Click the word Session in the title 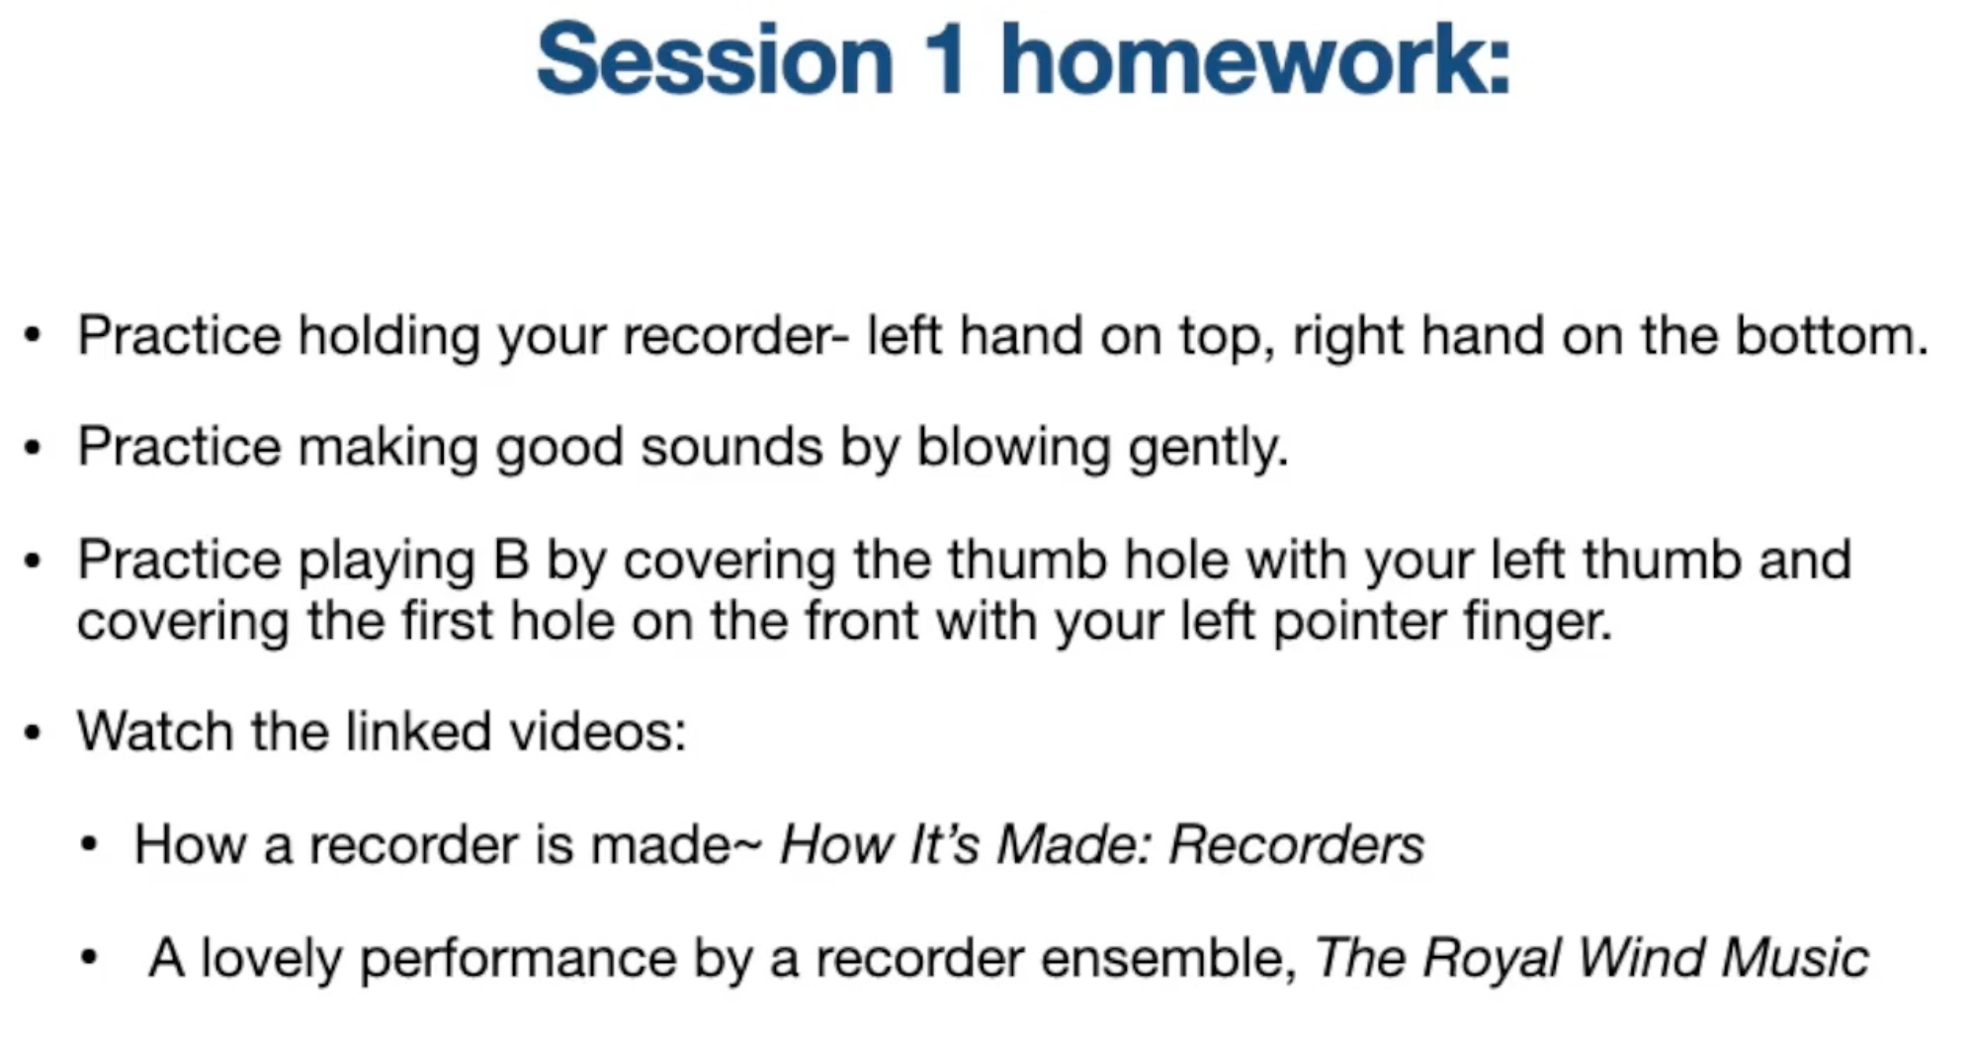pyautogui.click(x=715, y=60)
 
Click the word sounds pyautogui.click(x=731, y=447)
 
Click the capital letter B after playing pyautogui.click(x=511, y=560)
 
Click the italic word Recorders pyautogui.click(x=1296, y=845)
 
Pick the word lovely pyautogui.click(x=270, y=959)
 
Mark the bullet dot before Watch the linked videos pyautogui.click(x=34, y=734)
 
